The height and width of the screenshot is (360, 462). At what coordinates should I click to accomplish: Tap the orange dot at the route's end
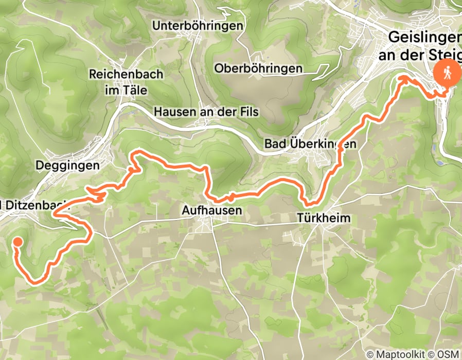pos(17,241)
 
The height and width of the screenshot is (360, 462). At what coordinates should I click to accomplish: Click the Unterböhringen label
pos(197,26)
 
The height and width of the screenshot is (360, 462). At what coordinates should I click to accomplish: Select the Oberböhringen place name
pos(258,68)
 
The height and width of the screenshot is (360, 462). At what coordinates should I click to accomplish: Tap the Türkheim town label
pos(324,218)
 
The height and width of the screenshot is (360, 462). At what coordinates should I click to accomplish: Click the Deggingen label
pos(67,165)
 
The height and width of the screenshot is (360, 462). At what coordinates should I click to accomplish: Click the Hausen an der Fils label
pos(206,111)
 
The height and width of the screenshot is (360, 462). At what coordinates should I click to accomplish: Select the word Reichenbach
pos(126,74)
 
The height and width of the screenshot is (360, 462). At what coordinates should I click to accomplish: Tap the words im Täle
pos(126,90)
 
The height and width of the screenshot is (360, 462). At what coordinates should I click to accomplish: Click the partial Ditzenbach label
pos(32,205)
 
